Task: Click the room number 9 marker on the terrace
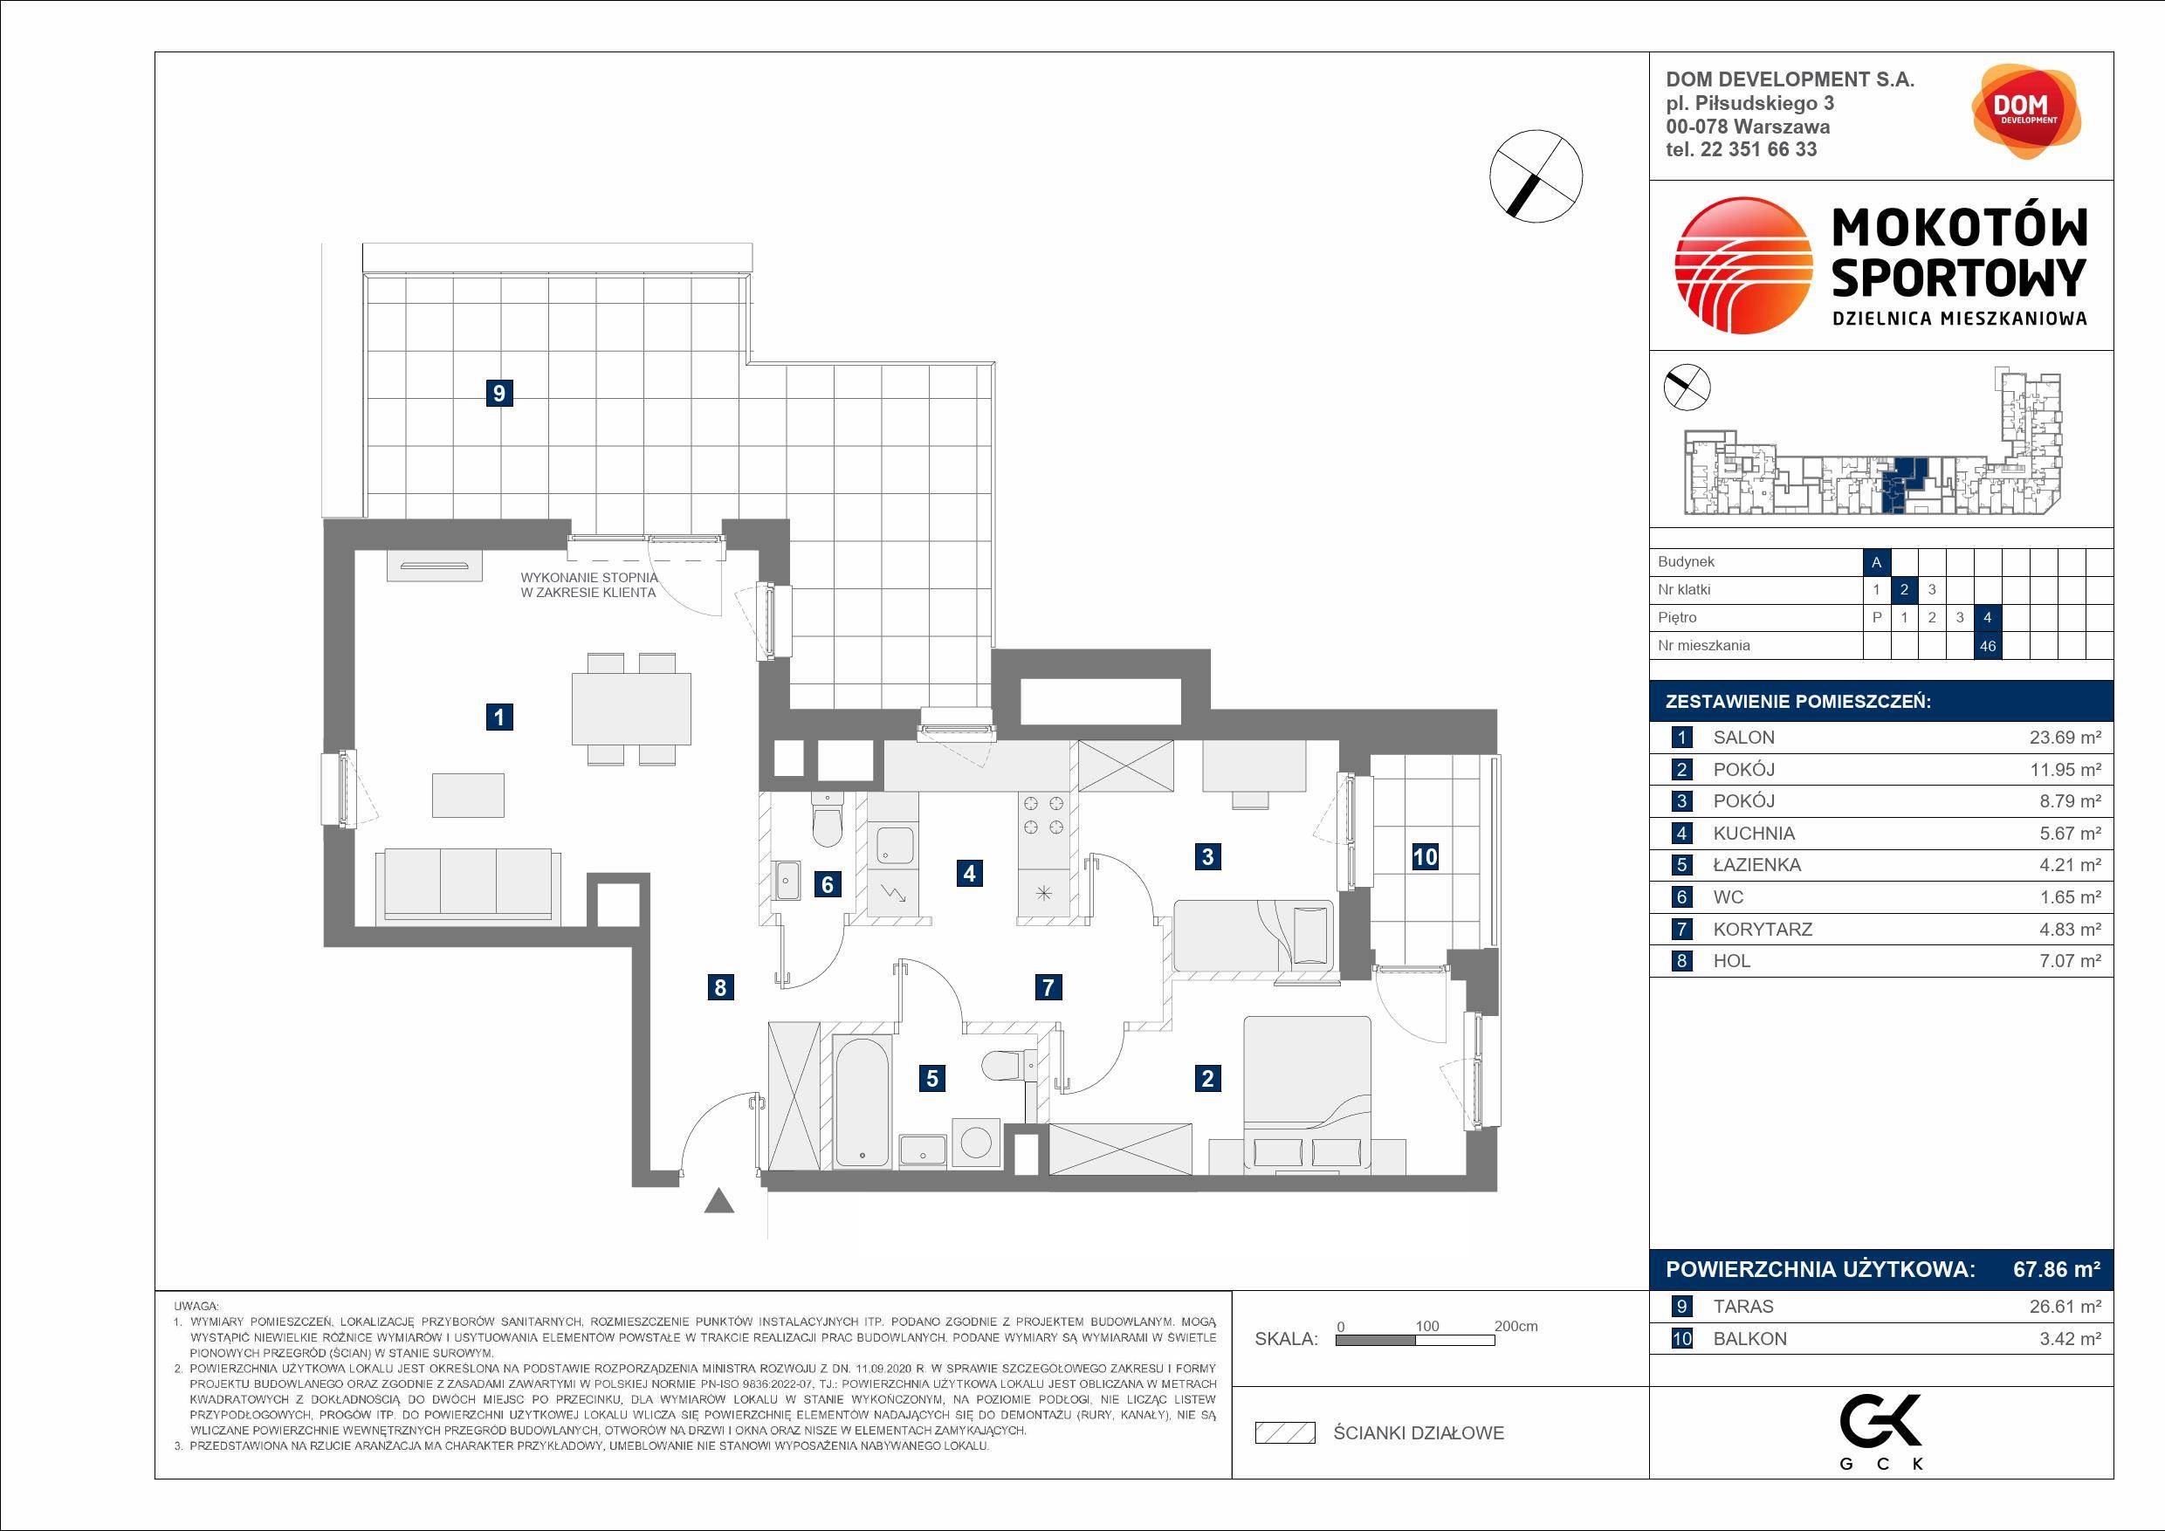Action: (x=498, y=392)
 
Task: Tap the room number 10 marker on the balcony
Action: (x=1425, y=856)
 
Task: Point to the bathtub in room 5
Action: (x=862, y=1101)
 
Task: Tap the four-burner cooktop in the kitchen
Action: (x=1044, y=815)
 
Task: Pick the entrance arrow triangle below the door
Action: (x=719, y=1201)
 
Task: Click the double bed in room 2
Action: (x=1307, y=1094)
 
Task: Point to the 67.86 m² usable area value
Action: (x=2057, y=1269)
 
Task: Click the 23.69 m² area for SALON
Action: (x=2065, y=738)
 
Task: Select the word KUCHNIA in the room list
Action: (x=1754, y=834)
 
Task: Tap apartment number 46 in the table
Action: (x=1988, y=646)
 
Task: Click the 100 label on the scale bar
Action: (x=1426, y=1326)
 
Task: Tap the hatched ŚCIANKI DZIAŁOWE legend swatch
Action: (x=1284, y=1433)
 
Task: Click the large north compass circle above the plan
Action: (x=1536, y=176)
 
